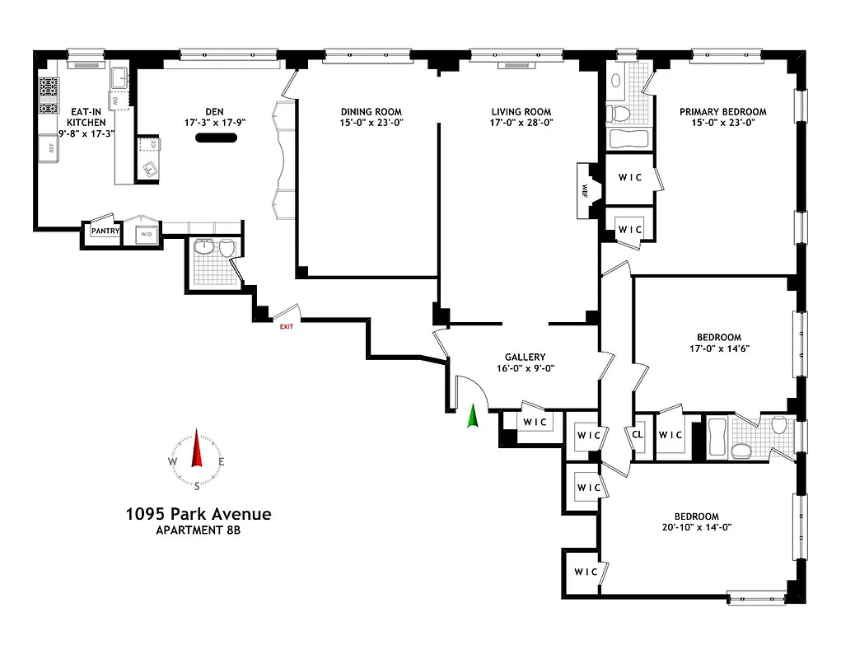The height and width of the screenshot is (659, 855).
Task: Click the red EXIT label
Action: pyautogui.click(x=286, y=326)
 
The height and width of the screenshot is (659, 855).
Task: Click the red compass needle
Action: pyautogui.click(x=197, y=451)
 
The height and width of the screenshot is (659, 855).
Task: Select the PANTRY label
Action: pyautogui.click(x=105, y=231)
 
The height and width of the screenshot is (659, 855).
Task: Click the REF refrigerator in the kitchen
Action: pyautogui.click(x=50, y=148)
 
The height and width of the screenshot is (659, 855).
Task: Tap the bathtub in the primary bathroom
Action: pyautogui.click(x=630, y=138)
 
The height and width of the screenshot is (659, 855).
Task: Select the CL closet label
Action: pyautogui.click(x=638, y=434)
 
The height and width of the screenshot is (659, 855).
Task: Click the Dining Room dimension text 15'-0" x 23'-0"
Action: pyautogui.click(x=371, y=122)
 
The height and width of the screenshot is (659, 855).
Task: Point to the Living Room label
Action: pyautogui.click(x=521, y=112)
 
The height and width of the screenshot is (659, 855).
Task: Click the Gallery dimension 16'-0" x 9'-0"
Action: pyautogui.click(x=526, y=370)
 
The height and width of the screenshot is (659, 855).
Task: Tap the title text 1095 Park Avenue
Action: pyautogui.click(x=198, y=514)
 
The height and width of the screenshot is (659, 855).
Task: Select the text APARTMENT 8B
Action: pyautogui.click(x=198, y=530)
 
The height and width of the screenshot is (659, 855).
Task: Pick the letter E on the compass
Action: pyautogui.click(x=222, y=461)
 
